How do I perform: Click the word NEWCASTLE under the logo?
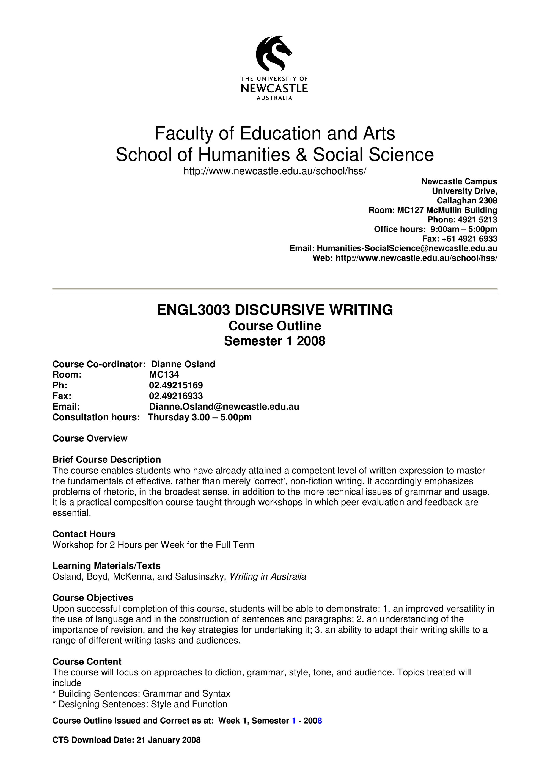tap(274, 89)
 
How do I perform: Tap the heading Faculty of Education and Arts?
tap(274, 133)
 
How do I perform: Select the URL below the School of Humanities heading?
tap(274, 171)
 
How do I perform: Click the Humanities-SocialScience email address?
tap(407, 248)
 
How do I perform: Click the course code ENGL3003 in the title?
tap(194, 310)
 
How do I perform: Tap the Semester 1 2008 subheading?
tap(274, 341)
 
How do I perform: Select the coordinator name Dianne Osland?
tap(183, 364)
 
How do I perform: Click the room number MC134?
tap(164, 375)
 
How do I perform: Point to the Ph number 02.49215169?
tap(176, 385)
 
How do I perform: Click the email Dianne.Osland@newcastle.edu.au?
tap(224, 407)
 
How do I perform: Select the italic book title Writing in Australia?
tap(268, 577)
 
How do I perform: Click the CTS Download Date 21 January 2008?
tap(168, 740)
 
